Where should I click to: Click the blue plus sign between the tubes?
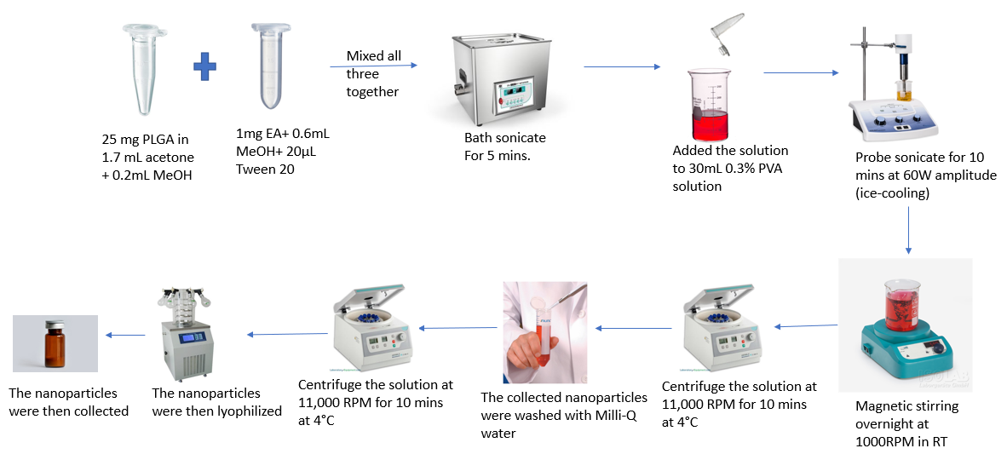point(204,66)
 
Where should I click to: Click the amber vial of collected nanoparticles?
point(55,345)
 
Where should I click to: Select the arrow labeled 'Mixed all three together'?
point(373,66)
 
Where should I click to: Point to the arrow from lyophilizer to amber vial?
point(124,335)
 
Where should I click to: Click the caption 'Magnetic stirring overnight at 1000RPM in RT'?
point(906,423)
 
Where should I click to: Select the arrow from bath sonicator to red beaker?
point(621,66)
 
